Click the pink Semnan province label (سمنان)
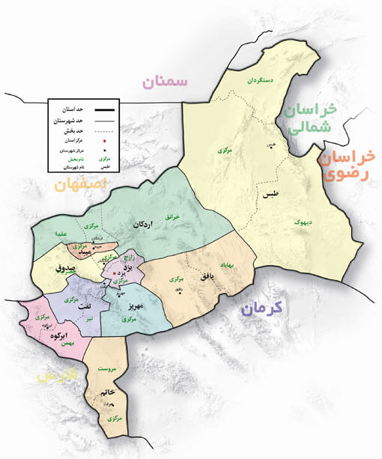(x=166, y=81)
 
